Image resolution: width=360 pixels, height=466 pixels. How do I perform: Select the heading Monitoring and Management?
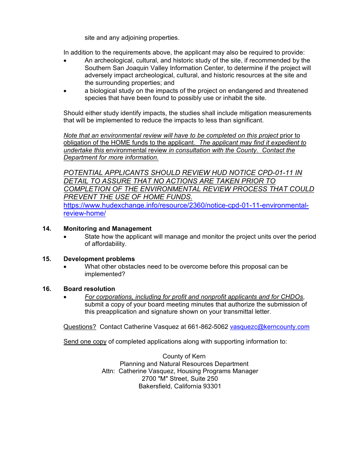coord(107,229)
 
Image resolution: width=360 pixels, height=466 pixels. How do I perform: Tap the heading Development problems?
coord(99,259)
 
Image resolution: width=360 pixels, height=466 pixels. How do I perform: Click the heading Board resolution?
coord(89,289)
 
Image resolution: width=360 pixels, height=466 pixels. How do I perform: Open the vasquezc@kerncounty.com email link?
coord(269,327)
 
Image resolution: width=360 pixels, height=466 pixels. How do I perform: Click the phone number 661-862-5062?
coord(208,327)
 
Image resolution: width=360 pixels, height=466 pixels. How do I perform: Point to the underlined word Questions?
coord(80,327)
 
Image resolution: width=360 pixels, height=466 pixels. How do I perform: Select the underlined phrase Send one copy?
coord(85,342)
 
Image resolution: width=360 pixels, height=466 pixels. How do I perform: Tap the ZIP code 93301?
coord(212,386)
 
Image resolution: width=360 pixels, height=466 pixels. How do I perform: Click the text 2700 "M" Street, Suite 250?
coord(180,379)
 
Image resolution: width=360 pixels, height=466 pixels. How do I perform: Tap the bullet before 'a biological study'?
coord(66,91)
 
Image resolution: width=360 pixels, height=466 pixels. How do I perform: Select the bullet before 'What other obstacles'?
coord(66,267)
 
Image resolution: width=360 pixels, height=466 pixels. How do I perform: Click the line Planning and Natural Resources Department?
coord(184,364)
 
